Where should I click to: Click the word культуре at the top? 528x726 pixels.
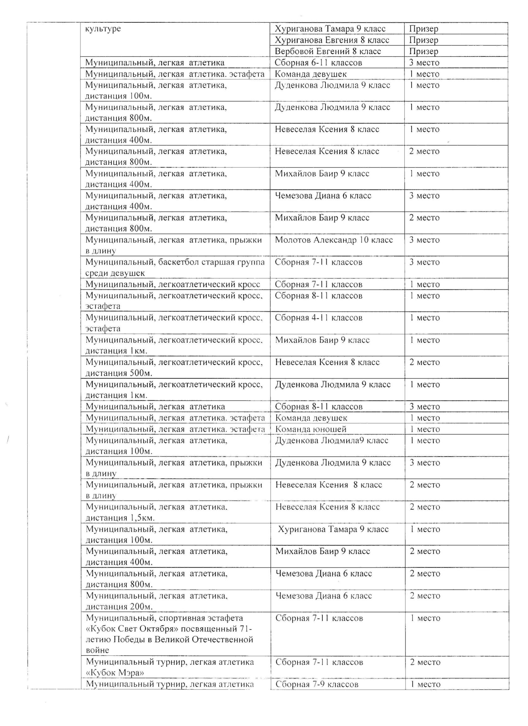tap(103, 29)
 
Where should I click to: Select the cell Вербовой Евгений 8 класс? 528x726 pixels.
tap(327, 51)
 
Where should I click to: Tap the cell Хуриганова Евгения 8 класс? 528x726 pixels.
tap(332, 40)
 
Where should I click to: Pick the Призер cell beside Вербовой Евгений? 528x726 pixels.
tap(423, 51)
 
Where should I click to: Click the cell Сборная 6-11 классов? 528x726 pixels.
tap(318, 62)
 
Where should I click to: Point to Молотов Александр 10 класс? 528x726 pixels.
tap(334, 240)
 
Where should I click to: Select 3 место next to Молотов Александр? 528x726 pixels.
tap(424, 240)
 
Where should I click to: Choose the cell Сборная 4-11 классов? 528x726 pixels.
tap(318, 318)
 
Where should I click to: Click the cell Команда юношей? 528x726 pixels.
tap(311, 429)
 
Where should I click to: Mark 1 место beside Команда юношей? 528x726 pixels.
tap(425, 429)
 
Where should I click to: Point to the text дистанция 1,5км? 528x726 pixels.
tap(120, 518)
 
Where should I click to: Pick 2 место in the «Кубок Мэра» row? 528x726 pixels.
tap(425, 662)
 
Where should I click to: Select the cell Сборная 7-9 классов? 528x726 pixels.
tap(317, 684)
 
